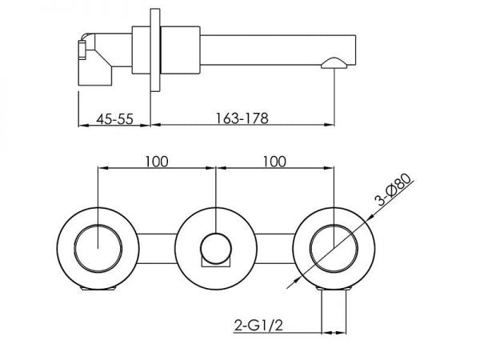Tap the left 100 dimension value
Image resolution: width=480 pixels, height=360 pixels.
[x=156, y=161]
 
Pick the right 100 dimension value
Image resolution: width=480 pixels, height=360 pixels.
[x=274, y=161]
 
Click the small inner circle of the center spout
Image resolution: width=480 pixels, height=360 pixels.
[x=215, y=245]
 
